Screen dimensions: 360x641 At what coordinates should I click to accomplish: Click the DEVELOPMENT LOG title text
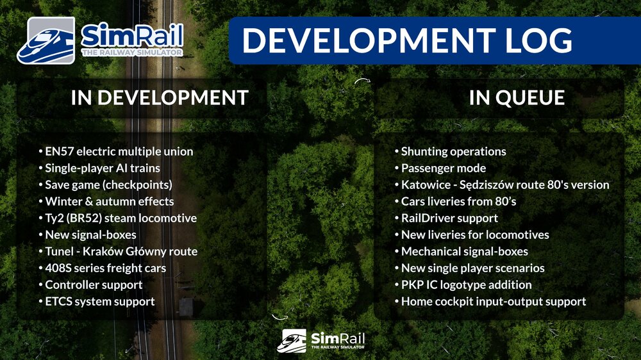point(407,40)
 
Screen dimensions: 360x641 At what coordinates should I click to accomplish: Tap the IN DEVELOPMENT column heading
point(160,97)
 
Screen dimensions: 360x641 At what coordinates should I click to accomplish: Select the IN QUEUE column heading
point(517,97)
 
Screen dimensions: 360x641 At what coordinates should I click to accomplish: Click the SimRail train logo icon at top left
point(46,41)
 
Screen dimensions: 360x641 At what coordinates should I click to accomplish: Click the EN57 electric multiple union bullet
point(119,152)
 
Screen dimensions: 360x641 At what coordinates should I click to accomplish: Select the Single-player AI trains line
point(103,168)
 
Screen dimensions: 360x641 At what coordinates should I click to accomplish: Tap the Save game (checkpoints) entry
point(108,185)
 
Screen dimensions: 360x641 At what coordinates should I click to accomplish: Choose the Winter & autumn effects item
point(109,202)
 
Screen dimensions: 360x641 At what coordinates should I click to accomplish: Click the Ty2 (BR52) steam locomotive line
point(121,218)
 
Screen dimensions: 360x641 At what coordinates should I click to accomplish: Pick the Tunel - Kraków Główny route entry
point(121,252)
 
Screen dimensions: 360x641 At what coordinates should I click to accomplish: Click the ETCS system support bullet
point(99,302)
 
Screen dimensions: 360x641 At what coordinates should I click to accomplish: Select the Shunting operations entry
point(453,152)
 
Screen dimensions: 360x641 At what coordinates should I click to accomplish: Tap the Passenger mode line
point(444,168)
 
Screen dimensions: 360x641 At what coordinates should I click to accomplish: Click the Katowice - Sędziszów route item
point(505,185)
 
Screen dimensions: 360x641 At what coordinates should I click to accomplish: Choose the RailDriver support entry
point(449,218)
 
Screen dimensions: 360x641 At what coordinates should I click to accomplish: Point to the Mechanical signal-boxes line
point(465,252)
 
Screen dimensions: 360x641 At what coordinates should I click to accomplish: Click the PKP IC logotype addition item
point(466,285)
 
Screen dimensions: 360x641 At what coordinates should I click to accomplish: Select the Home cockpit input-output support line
point(494,302)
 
